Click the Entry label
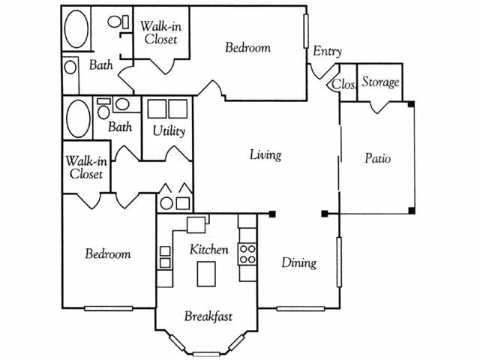click(327, 52)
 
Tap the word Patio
click(377, 158)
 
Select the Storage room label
click(380, 82)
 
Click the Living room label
click(265, 155)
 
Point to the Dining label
click(298, 262)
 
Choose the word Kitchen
click(208, 249)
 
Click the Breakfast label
click(207, 316)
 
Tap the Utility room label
click(169, 130)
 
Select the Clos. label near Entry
click(343, 83)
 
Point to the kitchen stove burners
click(247, 253)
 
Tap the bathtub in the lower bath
click(78, 118)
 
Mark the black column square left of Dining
click(271, 214)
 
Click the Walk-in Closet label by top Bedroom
click(159, 32)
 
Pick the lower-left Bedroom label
click(107, 253)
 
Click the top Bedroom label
click(247, 48)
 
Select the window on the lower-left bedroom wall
click(108, 308)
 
